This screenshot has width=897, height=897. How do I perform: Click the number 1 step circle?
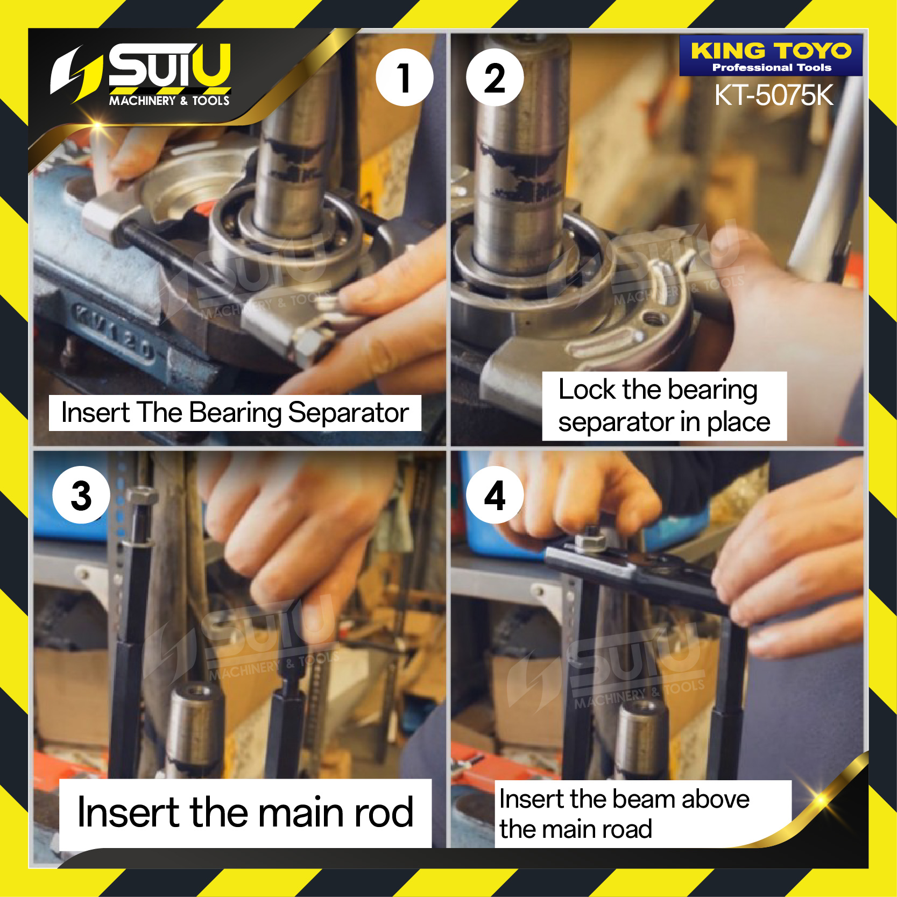tap(405, 77)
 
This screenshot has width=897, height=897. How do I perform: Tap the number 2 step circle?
tap(495, 77)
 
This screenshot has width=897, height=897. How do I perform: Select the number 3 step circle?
tap(81, 495)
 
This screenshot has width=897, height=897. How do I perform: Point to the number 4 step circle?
tap(495, 495)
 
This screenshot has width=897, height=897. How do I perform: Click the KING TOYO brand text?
tap(771, 51)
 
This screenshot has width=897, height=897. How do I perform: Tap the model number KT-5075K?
tap(774, 95)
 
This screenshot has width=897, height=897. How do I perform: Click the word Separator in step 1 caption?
tap(348, 413)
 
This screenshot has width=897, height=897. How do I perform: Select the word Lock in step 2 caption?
tap(587, 389)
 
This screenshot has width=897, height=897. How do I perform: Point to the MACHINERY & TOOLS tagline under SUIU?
tap(169, 101)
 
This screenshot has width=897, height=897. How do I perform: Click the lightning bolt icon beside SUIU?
tap(75, 74)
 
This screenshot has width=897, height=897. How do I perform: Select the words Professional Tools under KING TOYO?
tap(772, 68)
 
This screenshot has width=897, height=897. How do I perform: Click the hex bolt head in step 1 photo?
tap(309, 345)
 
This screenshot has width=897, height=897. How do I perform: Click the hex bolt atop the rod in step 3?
tap(141, 496)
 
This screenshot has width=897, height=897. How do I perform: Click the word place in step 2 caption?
tap(738, 423)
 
